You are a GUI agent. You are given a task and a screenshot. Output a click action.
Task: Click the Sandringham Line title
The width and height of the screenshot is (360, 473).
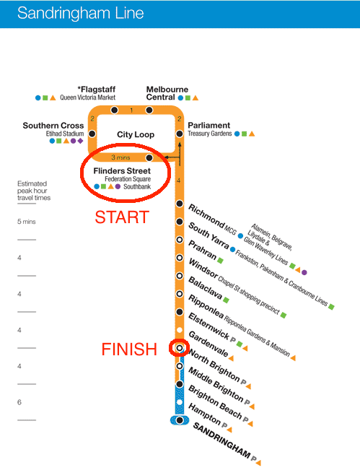click(x=80, y=13)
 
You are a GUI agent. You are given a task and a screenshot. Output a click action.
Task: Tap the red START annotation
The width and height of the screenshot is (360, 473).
click(x=122, y=217)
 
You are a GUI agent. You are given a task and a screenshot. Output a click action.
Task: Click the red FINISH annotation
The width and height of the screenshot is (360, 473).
click(x=129, y=350)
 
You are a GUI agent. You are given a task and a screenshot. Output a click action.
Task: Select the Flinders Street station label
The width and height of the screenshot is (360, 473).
click(x=122, y=171)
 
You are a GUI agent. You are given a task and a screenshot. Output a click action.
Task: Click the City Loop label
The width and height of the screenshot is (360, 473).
click(x=136, y=134)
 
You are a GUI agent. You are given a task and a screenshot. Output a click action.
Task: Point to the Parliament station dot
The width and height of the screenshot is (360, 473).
click(x=180, y=134)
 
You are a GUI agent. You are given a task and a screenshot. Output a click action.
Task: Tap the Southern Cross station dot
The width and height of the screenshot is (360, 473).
click(x=92, y=134)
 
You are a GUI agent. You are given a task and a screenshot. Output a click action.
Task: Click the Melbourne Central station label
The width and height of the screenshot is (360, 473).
click(x=167, y=93)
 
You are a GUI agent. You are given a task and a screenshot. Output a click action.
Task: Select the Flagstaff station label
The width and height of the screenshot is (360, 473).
click(x=97, y=90)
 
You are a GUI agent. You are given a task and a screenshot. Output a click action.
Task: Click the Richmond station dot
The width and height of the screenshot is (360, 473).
click(x=180, y=204)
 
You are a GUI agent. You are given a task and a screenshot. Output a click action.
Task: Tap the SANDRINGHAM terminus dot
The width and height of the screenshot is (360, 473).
click(x=180, y=420)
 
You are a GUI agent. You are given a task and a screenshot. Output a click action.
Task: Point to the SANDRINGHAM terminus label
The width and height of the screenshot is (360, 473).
click(x=221, y=440)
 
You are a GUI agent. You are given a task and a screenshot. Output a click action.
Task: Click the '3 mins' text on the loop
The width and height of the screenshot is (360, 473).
click(x=120, y=157)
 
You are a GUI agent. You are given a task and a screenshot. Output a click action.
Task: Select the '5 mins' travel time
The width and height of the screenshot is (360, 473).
click(x=27, y=222)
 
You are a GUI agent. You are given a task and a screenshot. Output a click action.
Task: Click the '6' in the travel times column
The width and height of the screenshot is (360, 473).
click(x=19, y=402)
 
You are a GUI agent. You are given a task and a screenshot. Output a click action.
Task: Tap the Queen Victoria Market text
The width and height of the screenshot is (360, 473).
click(x=88, y=97)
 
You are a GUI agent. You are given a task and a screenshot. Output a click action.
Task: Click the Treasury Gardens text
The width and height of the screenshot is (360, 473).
click(x=210, y=134)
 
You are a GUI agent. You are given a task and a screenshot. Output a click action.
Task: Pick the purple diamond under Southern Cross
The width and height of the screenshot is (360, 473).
click(x=80, y=141)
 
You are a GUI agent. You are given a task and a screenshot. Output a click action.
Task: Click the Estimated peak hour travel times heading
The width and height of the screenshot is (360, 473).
click(x=34, y=191)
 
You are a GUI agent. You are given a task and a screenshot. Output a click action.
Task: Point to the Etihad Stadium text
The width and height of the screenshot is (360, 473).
click(x=65, y=134)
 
